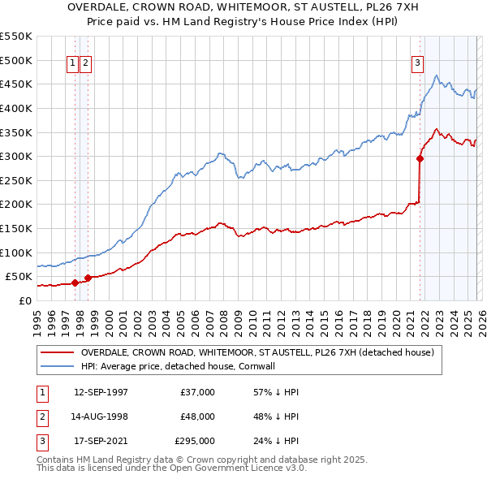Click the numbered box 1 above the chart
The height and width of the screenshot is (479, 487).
(72, 64)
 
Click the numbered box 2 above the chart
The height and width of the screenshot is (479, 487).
(85, 64)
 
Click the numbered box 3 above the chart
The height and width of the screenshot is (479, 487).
(417, 64)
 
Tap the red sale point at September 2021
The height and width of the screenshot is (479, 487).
(420, 159)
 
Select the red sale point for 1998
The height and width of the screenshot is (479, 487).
(88, 278)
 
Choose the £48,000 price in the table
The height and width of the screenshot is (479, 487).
(196, 416)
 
